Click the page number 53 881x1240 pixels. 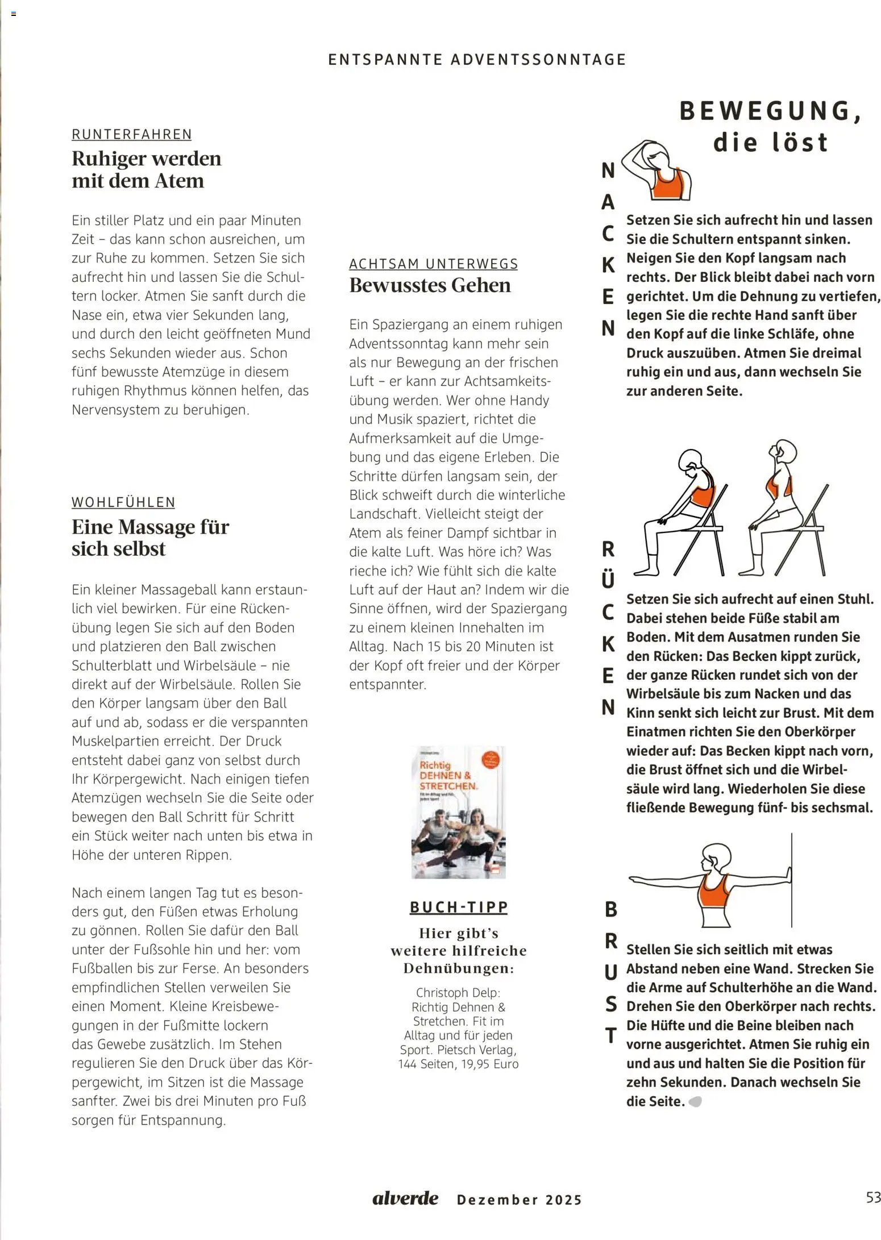coord(872,1197)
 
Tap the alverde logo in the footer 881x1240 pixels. coord(405,1199)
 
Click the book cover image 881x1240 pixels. coord(458,812)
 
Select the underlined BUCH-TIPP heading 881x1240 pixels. coord(459,907)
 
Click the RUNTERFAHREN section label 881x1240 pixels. coord(131,134)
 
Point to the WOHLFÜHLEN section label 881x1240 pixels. coord(123,502)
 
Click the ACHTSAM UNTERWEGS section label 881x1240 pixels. coord(433,264)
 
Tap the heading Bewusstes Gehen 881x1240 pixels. coord(430,285)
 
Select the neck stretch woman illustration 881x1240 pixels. coord(656,170)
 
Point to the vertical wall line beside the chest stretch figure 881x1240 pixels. coord(791,881)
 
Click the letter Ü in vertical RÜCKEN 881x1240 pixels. coord(608,580)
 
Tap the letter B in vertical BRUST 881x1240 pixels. coord(610,910)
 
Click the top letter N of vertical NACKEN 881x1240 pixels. coord(608,170)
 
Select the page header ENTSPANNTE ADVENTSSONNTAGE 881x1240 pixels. coord(477,60)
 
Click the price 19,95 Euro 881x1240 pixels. coord(489,1064)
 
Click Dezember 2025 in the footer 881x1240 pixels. coord(520,1200)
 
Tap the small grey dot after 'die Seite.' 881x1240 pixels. coord(695,1102)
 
